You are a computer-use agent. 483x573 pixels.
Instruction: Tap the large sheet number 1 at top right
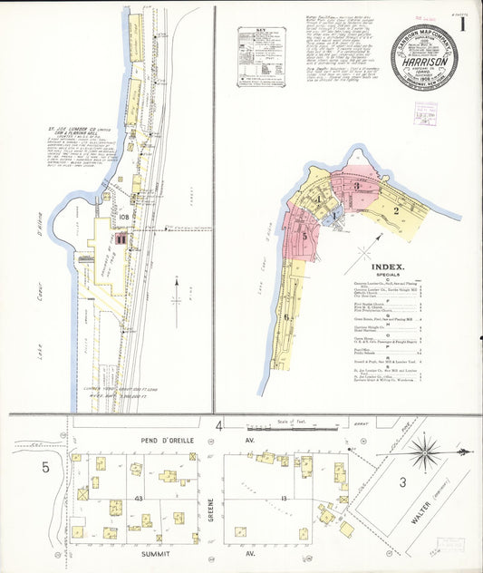462,24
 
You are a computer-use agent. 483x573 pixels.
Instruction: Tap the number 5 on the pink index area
305,237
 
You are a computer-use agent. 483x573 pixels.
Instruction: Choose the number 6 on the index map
288,317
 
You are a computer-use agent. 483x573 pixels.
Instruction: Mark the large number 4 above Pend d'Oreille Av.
218,424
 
